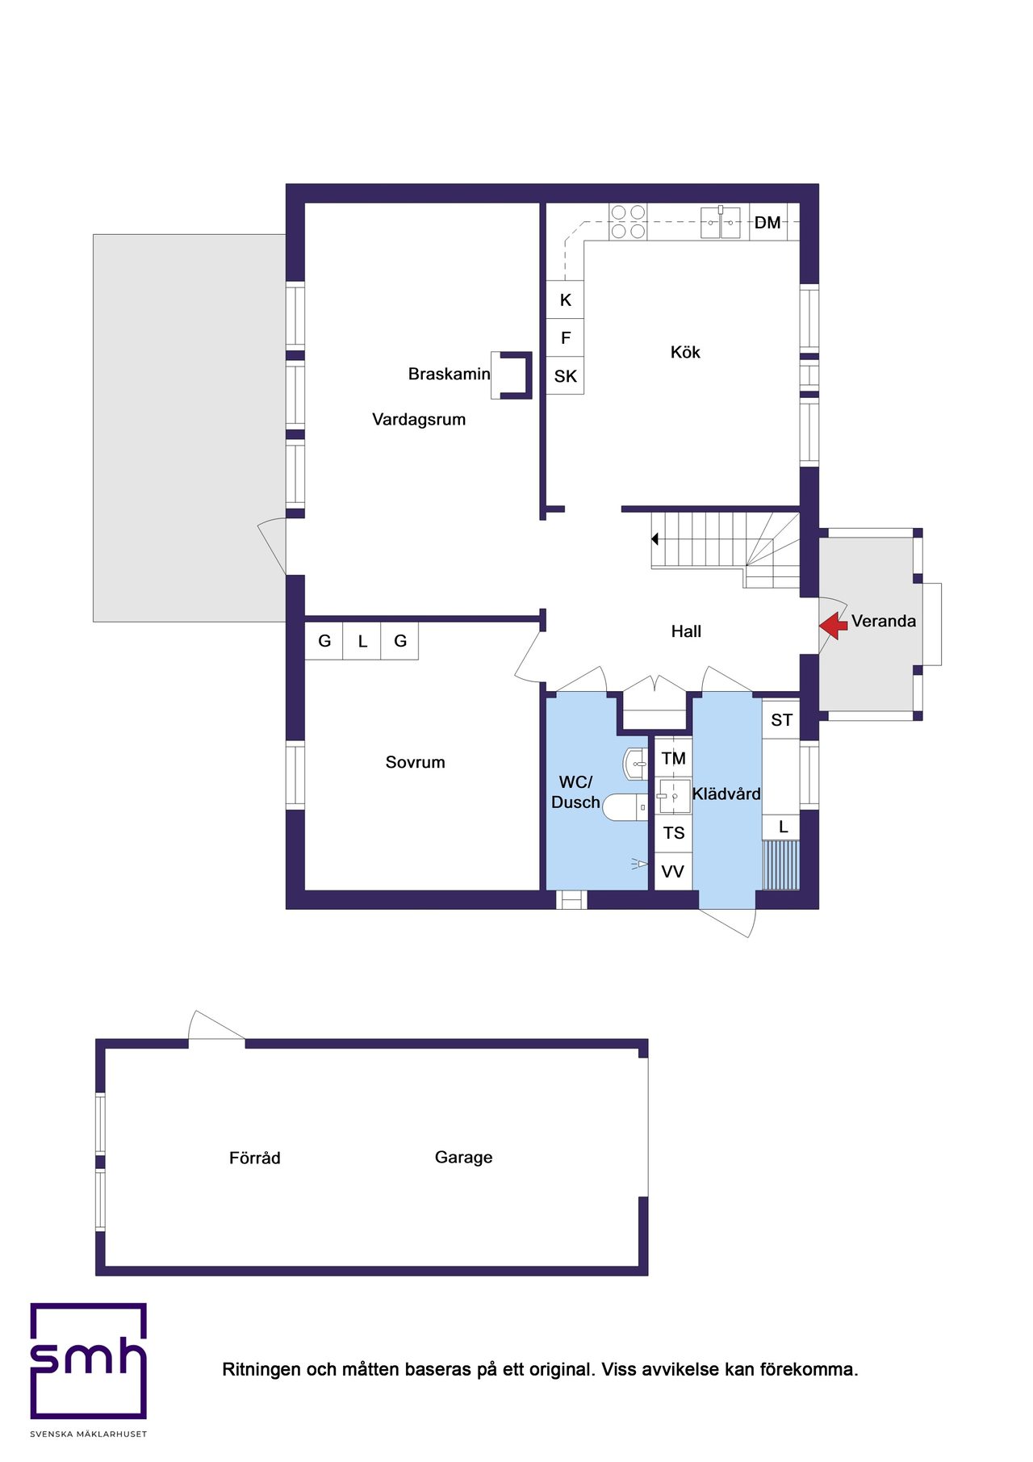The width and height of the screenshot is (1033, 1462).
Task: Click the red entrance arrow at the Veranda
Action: click(x=833, y=625)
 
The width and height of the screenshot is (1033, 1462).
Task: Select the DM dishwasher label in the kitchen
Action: click(x=767, y=223)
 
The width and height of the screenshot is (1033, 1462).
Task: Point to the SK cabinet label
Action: click(x=565, y=376)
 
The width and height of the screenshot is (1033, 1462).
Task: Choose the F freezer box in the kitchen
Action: click(x=565, y=338)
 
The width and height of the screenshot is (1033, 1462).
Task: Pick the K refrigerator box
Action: click(x=565, y=300)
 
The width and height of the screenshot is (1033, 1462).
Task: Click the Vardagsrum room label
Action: click(x=419, y=419)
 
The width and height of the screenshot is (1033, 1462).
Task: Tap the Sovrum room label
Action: click(x=415, y=762)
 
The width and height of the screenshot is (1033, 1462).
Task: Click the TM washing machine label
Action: click(x=673, y=758)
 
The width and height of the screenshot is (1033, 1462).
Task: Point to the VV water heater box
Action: click(x=672, y=872)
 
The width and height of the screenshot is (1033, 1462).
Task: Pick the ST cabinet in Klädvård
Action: click(x=781, y=720)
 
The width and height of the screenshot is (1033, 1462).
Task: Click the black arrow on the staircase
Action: click(x=655, y=538)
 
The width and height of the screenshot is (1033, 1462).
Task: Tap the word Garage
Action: click(x=463, y=1157)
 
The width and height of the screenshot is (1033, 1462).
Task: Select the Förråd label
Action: click(x=254, y=1158)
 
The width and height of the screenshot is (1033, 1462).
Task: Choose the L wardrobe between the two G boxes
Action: click(x=362, y=641)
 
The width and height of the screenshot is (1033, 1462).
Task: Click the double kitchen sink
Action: click(x=720, y=222)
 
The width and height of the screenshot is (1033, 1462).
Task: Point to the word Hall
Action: click(x=686, y=631)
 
